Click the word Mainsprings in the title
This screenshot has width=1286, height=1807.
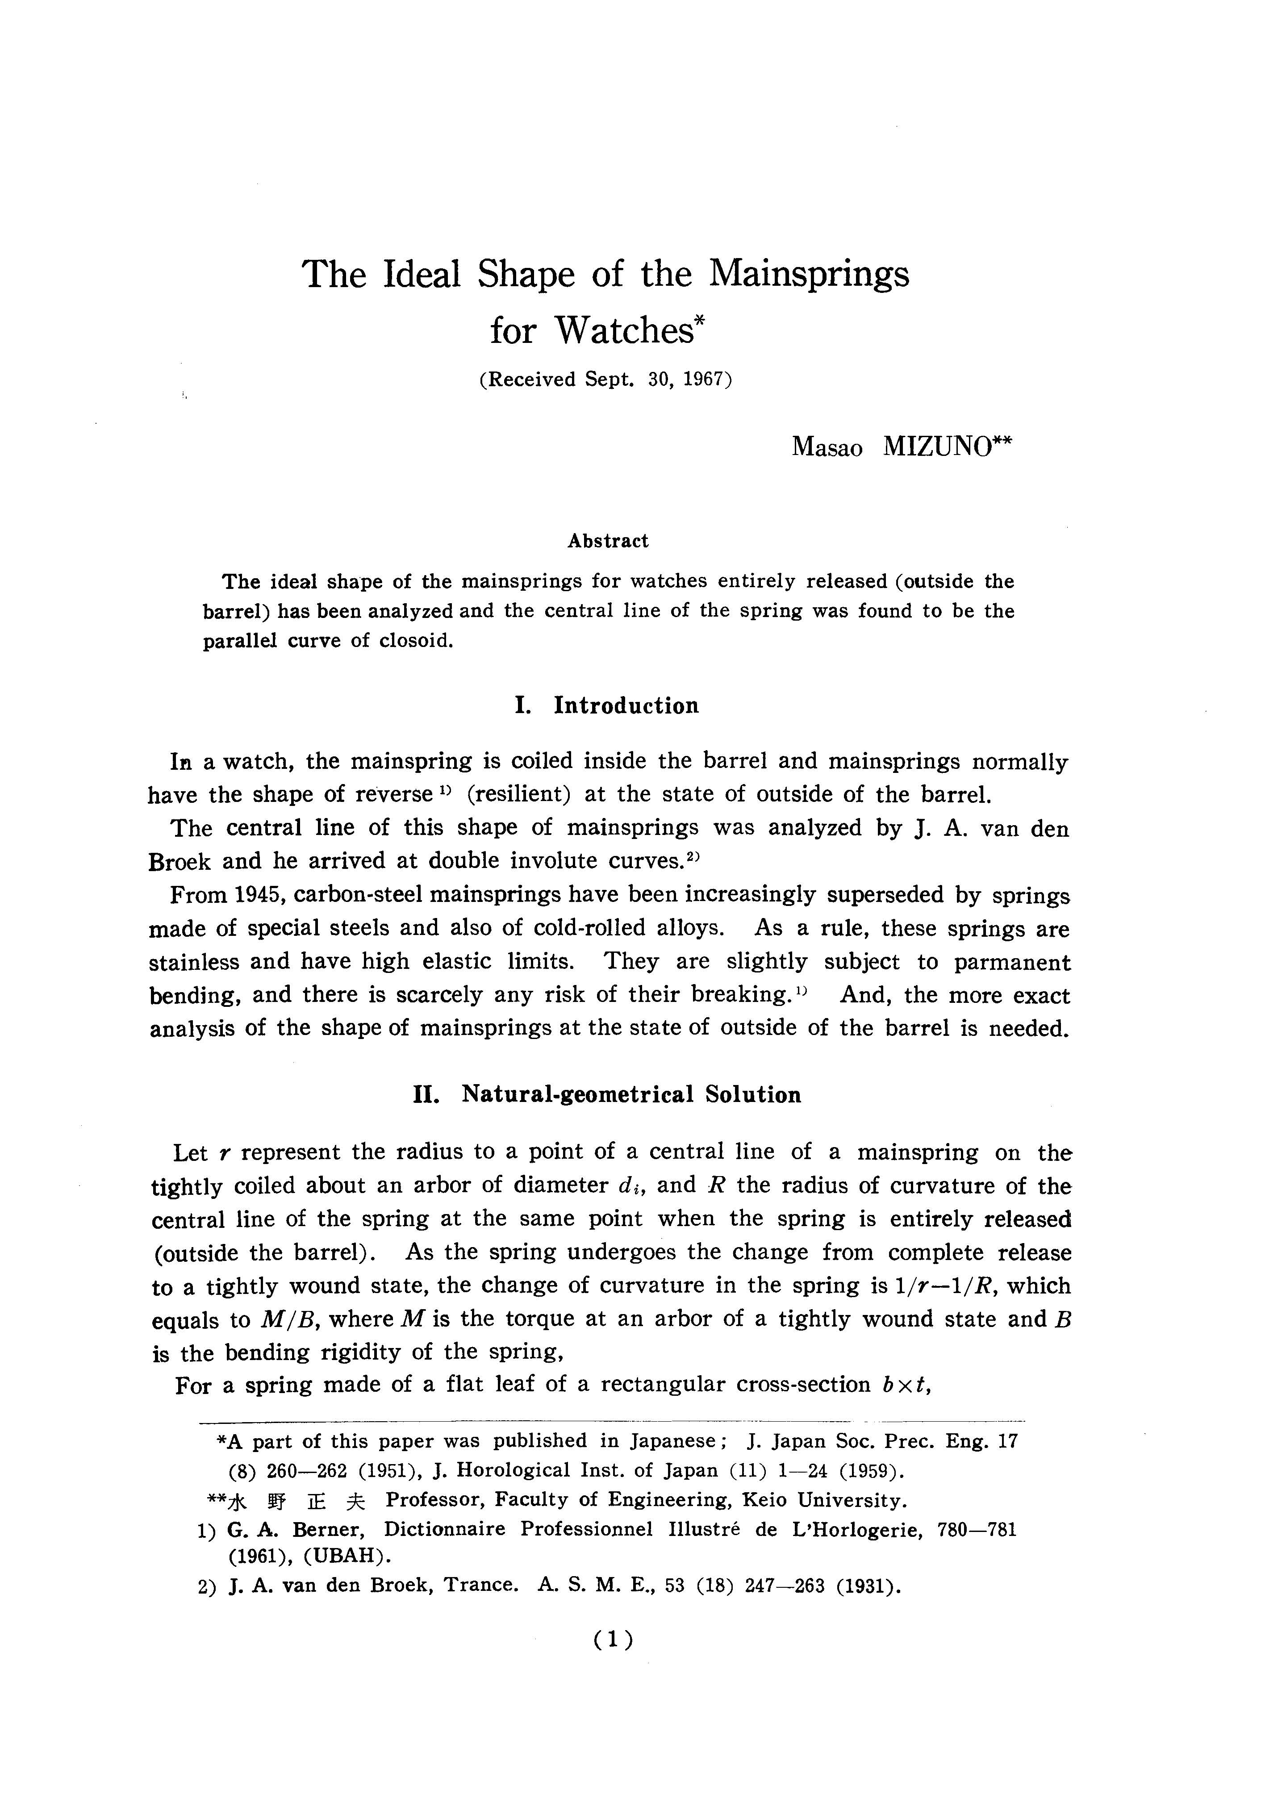point(809,275)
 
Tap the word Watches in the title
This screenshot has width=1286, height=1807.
point(623,330)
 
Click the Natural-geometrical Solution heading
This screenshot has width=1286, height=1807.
point(631,1095)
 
